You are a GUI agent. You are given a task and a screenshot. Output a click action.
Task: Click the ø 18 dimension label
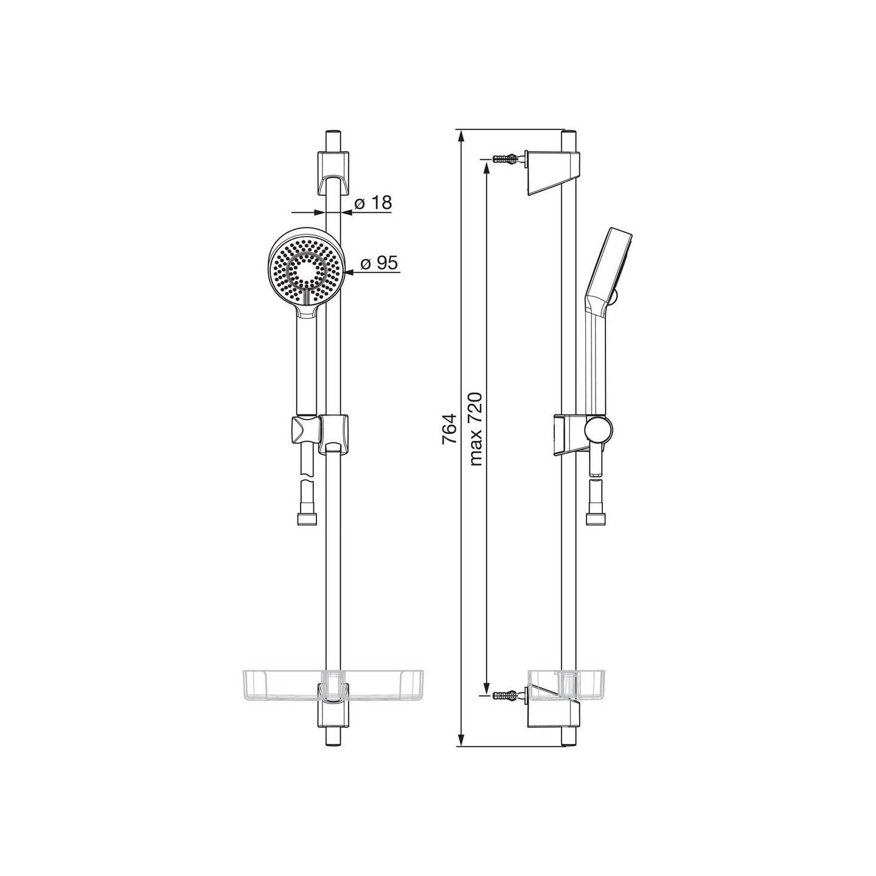tap(372, 203)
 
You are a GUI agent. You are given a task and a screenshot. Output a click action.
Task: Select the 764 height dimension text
tap(449, 429)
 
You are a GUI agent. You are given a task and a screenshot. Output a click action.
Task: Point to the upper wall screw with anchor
tap(504, 159)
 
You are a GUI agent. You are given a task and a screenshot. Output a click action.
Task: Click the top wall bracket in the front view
tap(333, 171)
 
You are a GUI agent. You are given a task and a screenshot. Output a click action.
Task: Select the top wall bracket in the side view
tap(553, 172)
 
